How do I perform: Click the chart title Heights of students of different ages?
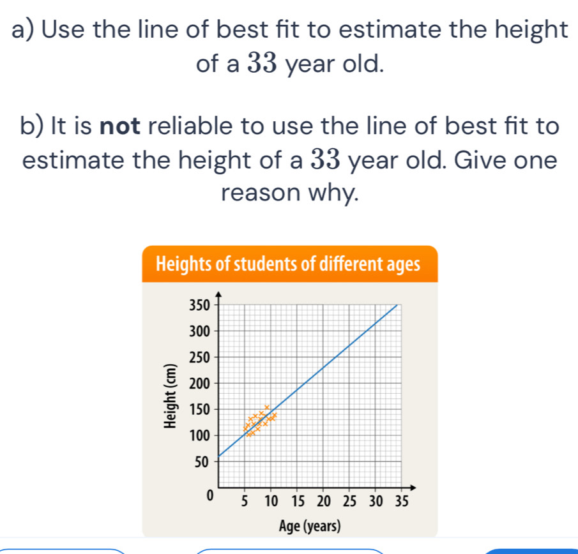click(x=288, y=264)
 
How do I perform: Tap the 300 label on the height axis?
click(x=200, y=331)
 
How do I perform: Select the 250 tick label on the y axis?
click(x=200, y=357)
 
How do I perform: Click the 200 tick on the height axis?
click(x=200, y=384)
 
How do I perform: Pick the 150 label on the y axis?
click(x=200, y=410)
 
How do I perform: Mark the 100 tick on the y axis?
click(x=200, y=436)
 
